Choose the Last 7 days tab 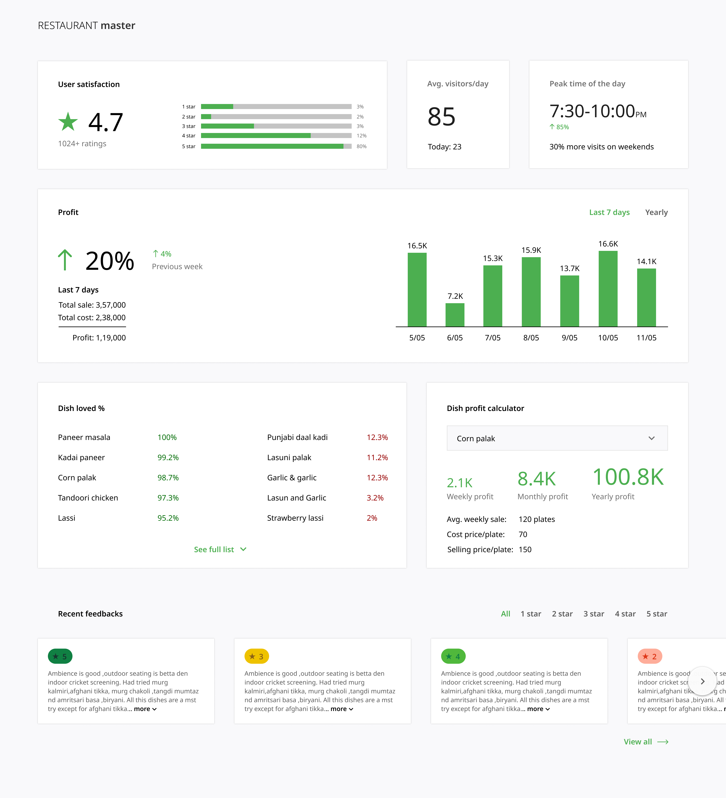point(609,212)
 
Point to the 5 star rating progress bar point(276,146)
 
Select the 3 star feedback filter point(593,614)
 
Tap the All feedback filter point(506,614)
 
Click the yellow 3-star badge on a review point(256,656)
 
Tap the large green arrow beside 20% point(65,260)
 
